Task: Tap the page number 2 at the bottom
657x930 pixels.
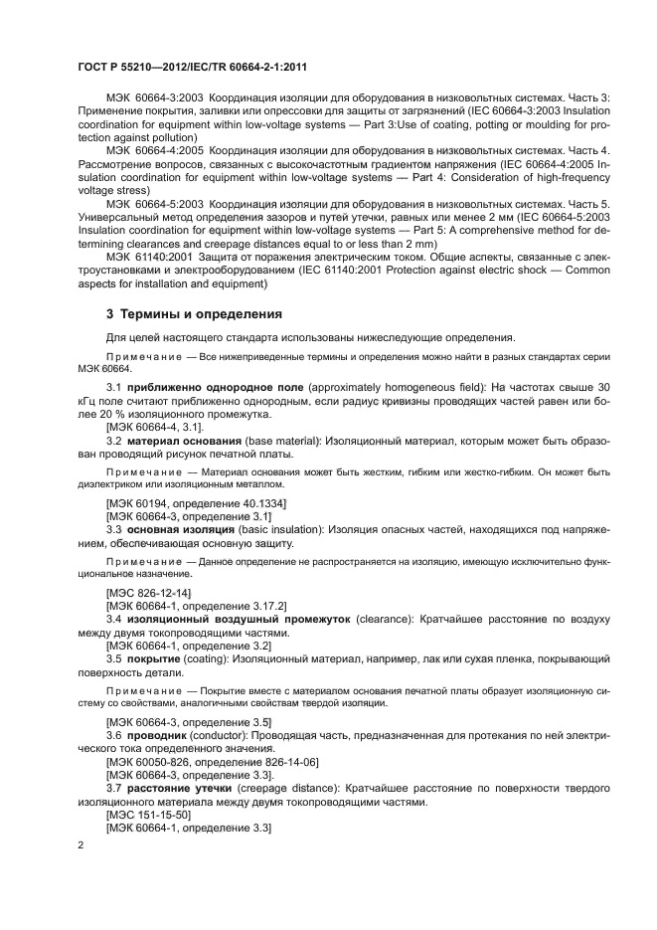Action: click(x=82, y=844)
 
